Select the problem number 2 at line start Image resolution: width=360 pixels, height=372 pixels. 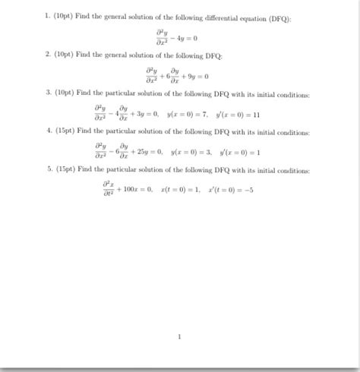47,56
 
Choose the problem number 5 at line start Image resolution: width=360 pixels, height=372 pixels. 47,169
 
